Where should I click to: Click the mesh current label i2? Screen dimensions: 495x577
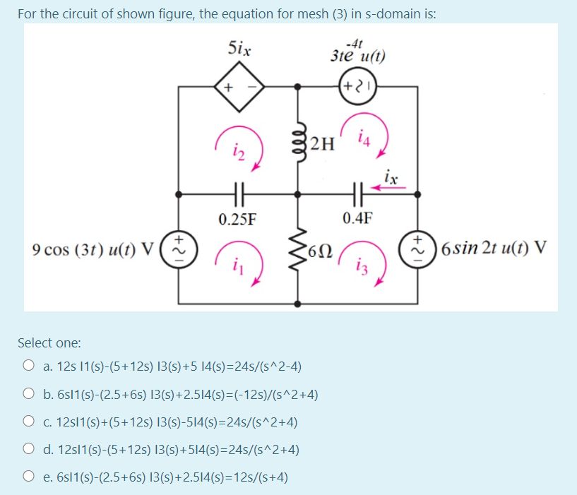[239, 148]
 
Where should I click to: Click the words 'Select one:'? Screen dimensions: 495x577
[49, 343]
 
